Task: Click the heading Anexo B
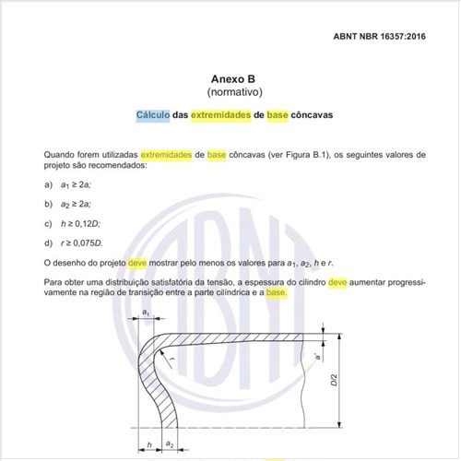click(230, 79)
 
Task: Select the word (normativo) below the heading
click(230, 93)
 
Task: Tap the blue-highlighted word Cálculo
click(152, 116)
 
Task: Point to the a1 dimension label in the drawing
click(147, 314)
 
